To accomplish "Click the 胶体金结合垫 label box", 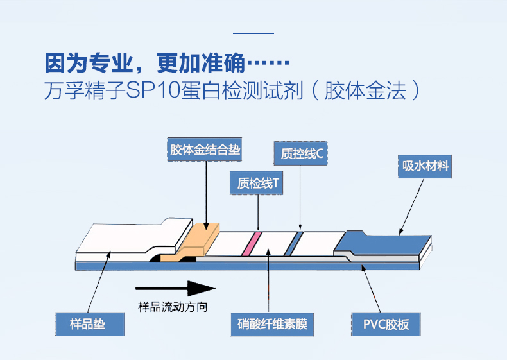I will point(205,150).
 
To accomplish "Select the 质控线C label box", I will point(301,153).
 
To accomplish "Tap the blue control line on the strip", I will point(292,243).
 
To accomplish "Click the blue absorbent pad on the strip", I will point(382,242).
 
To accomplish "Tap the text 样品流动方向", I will point(173,307).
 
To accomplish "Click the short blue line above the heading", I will point(253,33).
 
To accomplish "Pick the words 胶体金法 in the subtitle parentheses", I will point(365,90).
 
